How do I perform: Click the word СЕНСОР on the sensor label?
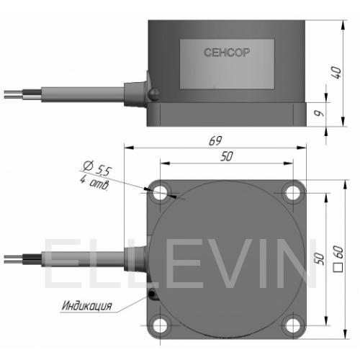[x=227, y=53]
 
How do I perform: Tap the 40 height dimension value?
[x=336, y=73]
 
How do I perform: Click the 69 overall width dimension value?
[x=215, y=140]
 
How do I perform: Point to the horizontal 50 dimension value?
[x=227, y=156]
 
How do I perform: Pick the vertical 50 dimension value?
[x=319, y=258]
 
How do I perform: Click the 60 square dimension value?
[x=338, y=252]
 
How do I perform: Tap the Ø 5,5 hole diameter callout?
[x=97, y=168]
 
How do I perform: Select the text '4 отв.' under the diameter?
[x=94, y=182]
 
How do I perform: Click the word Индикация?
[x=87, y=306]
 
